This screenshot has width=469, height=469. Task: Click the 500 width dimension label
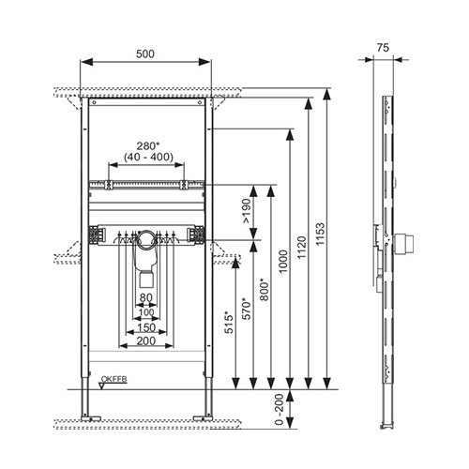145,54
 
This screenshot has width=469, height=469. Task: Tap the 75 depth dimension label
383,48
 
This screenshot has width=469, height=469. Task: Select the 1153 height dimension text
320,234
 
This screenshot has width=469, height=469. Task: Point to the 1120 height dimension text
302,248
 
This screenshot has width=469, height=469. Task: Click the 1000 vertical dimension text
283,262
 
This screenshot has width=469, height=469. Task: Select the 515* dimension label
229,323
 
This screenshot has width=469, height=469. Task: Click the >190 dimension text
247,211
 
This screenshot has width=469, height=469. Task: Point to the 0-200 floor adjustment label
280,409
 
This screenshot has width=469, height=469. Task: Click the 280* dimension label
148,145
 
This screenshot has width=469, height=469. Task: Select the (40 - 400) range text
148,157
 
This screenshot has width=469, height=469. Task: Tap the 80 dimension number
146,297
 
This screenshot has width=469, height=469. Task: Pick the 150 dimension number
146,327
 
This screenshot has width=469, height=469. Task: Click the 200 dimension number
146,340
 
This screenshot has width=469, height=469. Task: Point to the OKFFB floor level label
113,379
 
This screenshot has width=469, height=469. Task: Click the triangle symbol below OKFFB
102,386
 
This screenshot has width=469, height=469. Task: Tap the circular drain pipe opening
146,240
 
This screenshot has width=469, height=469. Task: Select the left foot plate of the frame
91,418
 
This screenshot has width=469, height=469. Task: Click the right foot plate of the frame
203,418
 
